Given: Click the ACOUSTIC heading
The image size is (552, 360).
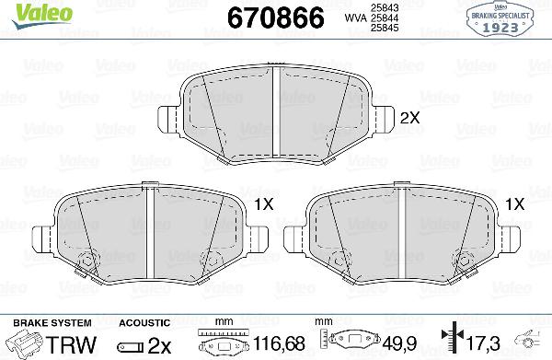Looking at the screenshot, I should (x=144, y=321).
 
